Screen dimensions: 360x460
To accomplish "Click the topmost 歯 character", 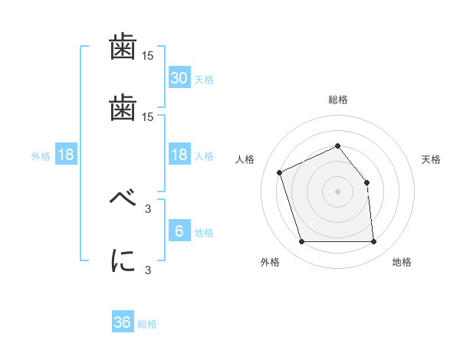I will coord(123,48).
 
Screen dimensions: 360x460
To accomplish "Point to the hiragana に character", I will coord(123,260).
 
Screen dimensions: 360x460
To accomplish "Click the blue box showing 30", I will coord(179,78).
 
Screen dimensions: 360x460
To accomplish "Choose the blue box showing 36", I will coord(123,323).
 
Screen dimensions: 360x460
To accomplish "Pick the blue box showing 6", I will coord(179,231).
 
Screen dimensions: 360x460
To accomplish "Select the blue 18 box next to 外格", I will coord(66,155).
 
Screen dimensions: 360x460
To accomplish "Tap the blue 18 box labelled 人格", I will coord(179,155).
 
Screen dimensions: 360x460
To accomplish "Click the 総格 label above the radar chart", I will coord(337,100).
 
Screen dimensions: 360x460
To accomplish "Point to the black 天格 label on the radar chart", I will coord(432,159).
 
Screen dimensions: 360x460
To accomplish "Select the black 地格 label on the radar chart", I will coord(402,263).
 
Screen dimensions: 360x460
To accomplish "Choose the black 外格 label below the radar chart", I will coord(270,263).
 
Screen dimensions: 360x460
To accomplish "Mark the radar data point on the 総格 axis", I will coord(337,146).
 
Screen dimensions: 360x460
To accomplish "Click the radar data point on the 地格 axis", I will coord(373,242).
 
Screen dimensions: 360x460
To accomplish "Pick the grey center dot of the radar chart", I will coord(337,191).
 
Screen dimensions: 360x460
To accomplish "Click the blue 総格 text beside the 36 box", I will coord(147,324).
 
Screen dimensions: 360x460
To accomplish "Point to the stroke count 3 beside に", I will coord(148,270).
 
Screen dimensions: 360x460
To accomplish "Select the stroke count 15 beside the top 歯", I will coord(148,57).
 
